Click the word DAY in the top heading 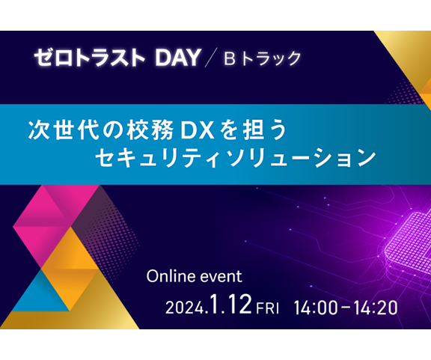[x=178, y=58]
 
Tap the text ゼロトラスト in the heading [x=89, y=58]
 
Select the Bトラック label [x=263, y=58]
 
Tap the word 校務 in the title [x=150, y=130]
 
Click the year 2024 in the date [x=185, y=308]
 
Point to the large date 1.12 [x=231, y=304]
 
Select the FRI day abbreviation [x=267, y=308]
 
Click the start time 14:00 [x=316, y=308]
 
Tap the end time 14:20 [x=376, y=308]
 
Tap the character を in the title [x=230, y=130]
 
